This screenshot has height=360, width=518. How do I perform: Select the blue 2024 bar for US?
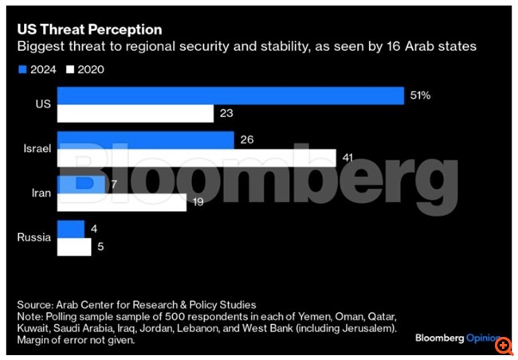[x=231, y=96]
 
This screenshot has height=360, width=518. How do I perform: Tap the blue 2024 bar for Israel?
[x=147, y=140]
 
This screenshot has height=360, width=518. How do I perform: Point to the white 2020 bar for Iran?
[x=123, y=202]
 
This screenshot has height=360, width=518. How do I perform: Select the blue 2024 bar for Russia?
[x=71, y=229]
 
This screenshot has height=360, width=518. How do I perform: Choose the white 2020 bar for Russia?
[x=74, y=248]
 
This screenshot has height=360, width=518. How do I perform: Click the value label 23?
[x=226, y=115]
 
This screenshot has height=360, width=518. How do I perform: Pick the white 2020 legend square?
[x=71, y=69]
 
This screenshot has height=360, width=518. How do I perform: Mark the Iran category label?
[x=41, y=194]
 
